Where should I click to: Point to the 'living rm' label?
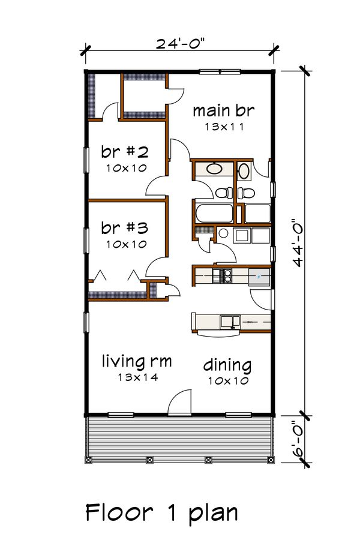point(137,362)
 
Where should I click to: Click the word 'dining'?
point(227,364)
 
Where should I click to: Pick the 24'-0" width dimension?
point(179,44)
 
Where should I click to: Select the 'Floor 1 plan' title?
point(161,513)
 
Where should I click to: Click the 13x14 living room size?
point(137,377)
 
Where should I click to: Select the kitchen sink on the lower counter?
point(228,322)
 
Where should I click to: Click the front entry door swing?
point(179,404)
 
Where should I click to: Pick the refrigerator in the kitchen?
point(260,277)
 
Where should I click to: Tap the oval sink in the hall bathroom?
point(214,169)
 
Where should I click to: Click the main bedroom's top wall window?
point(219,72)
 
